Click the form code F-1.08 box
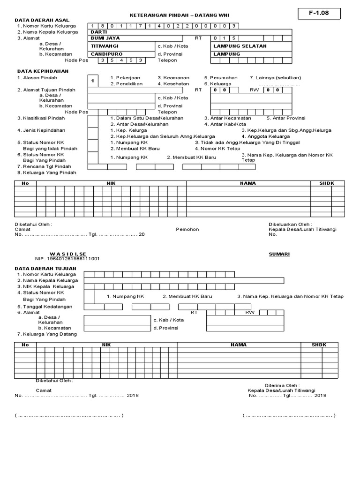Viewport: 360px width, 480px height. point(318,13)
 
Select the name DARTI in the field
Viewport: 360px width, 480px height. point(99,32)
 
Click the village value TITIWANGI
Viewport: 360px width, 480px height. point(105,46)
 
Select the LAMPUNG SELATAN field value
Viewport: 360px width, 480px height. point(240,46)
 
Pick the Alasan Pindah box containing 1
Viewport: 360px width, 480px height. point(93,81)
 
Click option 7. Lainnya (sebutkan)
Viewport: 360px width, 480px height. point(275,77)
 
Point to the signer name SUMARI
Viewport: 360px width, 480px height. point(279,254)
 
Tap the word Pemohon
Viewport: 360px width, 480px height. point(187,229)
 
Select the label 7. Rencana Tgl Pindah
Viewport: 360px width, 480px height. point(44,166)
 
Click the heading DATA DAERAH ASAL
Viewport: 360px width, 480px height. point(42,20)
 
